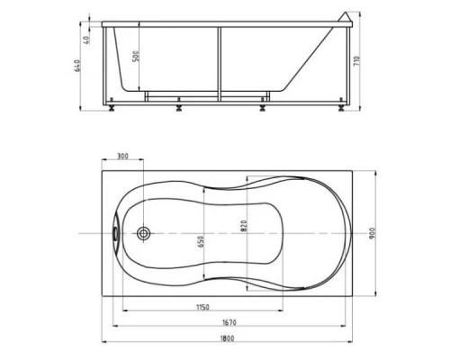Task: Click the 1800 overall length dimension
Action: coord(227,338)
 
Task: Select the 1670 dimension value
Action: coord(229,322)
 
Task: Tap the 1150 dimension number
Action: coord(202,307)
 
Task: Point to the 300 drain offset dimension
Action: coord(122,156)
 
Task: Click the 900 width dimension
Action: coord(373,233)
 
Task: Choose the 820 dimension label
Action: coord(244,226)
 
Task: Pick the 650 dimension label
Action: coord(201,241)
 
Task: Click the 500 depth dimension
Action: coord(136,56)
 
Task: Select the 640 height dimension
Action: coord(77,66)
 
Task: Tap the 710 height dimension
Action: coord(356,61)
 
